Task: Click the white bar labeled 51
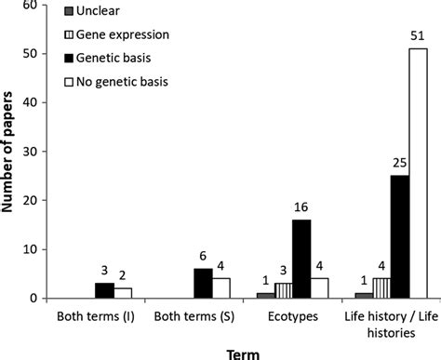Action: click(418, 173)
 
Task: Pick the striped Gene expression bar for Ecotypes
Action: click(282, 290)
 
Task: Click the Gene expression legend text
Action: click(126, 34)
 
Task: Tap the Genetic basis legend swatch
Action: click(71, 57)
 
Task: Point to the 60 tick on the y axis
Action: click(37, 6)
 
